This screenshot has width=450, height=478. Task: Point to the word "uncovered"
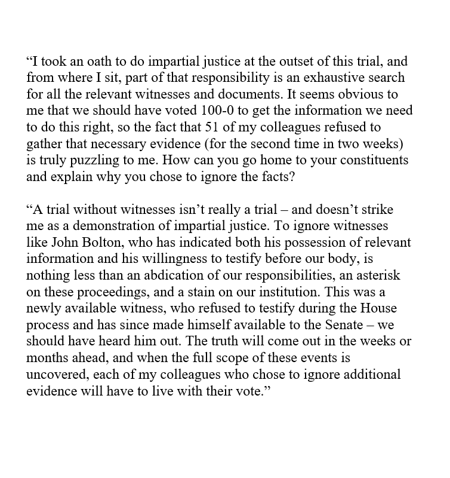click(56, 375)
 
